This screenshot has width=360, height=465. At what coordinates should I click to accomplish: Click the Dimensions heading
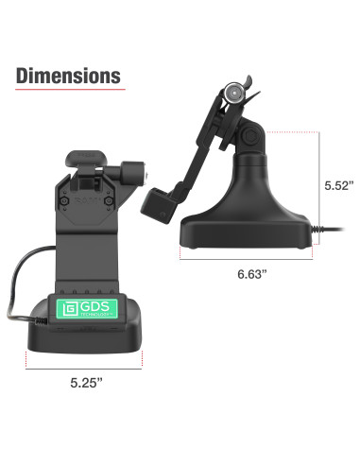click(68, 76)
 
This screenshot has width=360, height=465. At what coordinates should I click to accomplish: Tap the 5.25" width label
click(86, 383)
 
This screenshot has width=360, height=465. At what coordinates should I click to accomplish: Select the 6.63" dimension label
click(252, 274)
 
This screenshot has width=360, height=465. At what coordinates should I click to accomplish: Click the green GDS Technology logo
click(87, 308)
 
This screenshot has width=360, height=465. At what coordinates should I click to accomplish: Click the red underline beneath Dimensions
click(70, 90)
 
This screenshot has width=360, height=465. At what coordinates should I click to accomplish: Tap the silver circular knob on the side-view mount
click(233, 93)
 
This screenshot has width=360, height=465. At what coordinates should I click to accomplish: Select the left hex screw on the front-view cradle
click(64, 200)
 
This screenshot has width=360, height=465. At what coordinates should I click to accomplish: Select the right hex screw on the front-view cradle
click(109, 200)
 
